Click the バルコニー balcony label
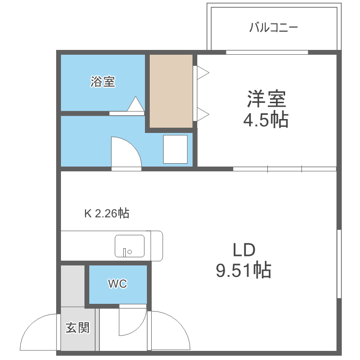(x=274, y=27)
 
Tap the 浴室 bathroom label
(x=103, y=82)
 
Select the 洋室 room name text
(x=266, y=99)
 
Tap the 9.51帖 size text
(x=243, y=271)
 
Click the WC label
(x=117, y=284)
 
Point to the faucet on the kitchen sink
(x=125, y=252)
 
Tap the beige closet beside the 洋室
(x=170, y=91)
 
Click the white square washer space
(x=175, y=149)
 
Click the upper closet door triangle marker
(x=203, y=72)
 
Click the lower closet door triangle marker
(x=203, y=114)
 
